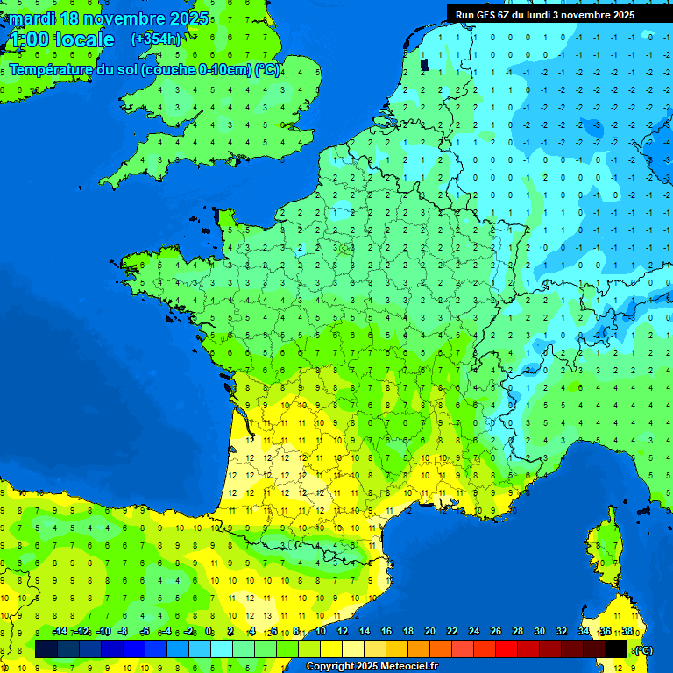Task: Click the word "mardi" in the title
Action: coord(32,18)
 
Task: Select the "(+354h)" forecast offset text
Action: coord(156,39)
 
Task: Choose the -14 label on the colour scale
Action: coord(60,632)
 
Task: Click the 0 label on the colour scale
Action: coord(209,632)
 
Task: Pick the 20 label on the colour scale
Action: coord(429,632)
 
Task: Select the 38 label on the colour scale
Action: coord(627,632)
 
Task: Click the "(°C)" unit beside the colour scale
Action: coord(644,649)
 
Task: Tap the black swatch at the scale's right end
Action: coord(616,649)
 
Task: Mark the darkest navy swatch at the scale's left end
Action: coord(46,649)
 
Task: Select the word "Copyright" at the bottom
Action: coord(331,667)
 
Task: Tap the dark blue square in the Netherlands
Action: coord(425,64)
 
